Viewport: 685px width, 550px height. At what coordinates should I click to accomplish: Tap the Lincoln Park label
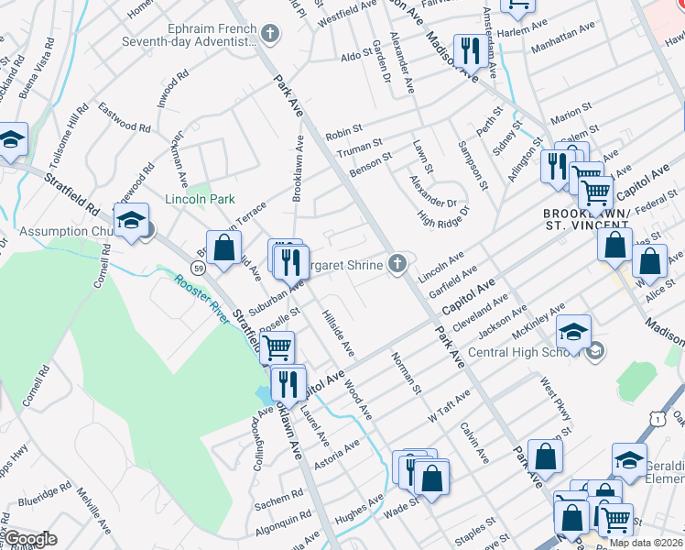[200, 199]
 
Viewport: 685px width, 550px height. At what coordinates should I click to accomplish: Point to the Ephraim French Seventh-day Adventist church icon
[269, 35]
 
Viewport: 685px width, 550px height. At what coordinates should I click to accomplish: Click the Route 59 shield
[198, 267]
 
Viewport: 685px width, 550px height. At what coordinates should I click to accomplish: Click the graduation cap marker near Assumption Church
[131, 220]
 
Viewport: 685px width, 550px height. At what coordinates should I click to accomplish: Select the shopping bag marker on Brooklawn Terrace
[223, 247]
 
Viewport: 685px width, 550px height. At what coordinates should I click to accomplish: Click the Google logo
[29, 539]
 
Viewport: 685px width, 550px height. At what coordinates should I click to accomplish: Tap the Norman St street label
[405, 373]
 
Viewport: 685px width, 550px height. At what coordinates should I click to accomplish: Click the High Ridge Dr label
[443, 217]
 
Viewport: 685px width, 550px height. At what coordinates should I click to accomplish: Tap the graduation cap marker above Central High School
[573, 332]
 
